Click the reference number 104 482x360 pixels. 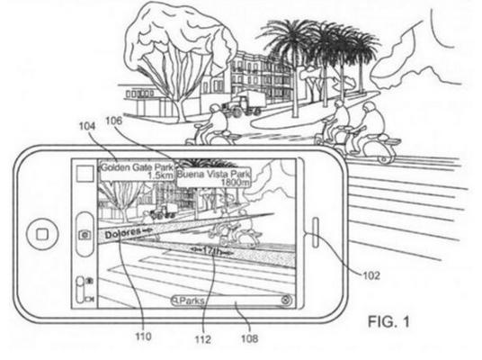87,127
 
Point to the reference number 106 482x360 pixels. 114,121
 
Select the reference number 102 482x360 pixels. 371,275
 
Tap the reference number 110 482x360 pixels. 143,337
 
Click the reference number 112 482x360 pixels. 203,339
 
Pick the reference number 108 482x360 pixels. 249,338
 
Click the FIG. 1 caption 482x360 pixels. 388,322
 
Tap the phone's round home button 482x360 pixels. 42,235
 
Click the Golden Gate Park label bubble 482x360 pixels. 137,171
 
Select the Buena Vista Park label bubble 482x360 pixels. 214,177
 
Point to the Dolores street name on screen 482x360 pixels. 122,233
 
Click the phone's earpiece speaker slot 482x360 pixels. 316,232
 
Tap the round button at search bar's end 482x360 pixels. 286,300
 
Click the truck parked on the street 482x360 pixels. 245,103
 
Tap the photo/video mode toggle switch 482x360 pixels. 81,290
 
